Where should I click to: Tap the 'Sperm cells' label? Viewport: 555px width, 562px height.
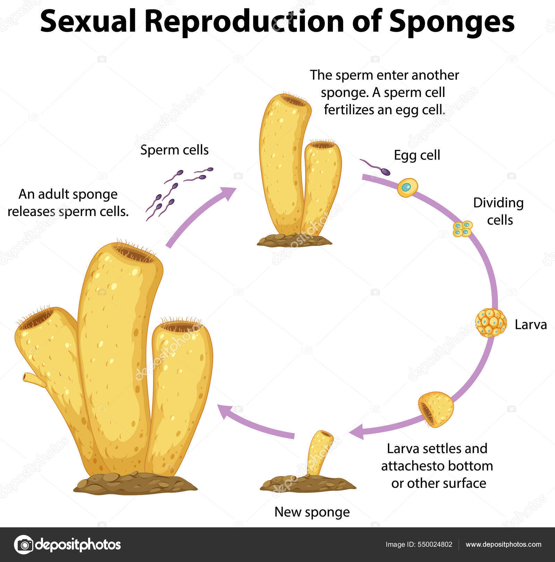point(174,150)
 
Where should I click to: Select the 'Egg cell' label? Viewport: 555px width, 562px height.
point(417,155)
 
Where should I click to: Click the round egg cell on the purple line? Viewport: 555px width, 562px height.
point(407,187)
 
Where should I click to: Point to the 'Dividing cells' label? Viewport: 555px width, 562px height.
point(499,211)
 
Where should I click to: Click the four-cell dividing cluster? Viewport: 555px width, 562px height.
point(463,229)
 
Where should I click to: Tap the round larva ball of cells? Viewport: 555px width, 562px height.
point(490,323)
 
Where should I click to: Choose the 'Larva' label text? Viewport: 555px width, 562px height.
point(530,325)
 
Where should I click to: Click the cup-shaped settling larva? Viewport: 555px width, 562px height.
point(436,409)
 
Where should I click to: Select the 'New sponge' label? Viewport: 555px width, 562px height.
point(312,512)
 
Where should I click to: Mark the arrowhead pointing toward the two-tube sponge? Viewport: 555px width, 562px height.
point(229,193)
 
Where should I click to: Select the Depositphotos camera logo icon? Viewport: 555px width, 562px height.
point(24,544)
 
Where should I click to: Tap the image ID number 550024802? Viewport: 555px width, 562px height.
point(436,544)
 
